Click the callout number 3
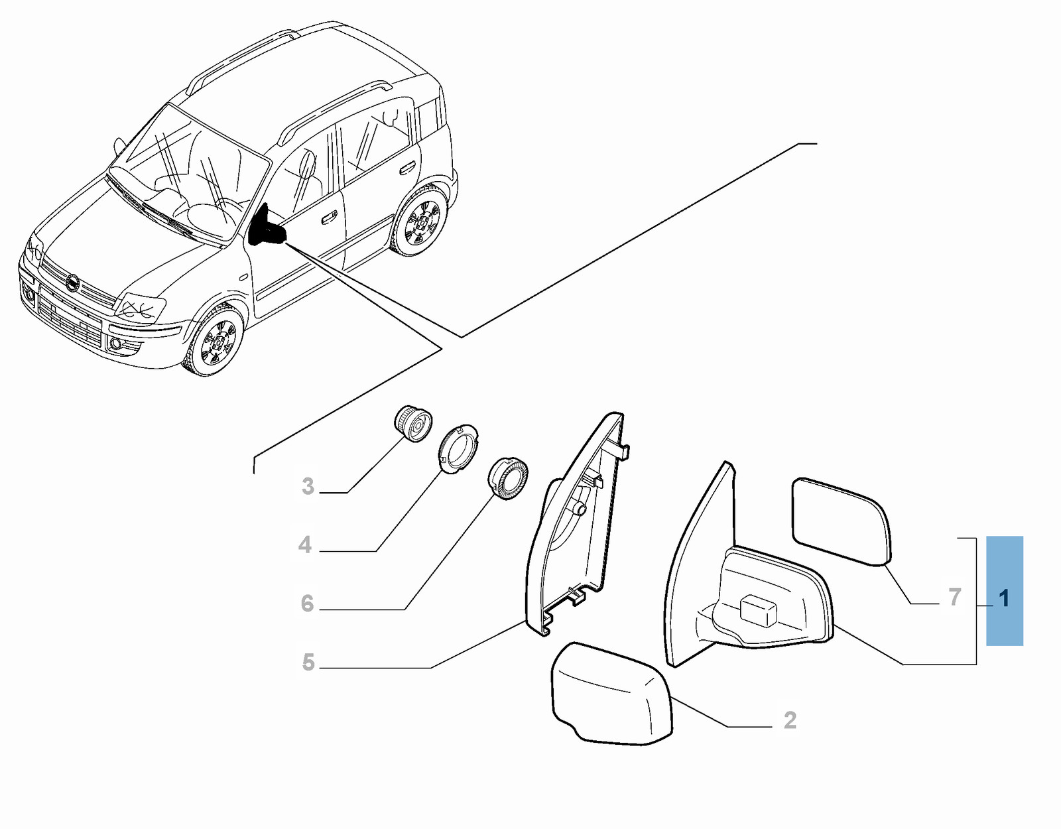pos(308,485)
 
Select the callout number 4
pos(305,545)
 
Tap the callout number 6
pos(307,603)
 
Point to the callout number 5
pos(308,663)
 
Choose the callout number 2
pos(790,720)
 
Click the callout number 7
pos(954,597)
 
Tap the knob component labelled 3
pos(413,423)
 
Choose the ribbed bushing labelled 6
pos(508,478)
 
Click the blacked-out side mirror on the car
pos(267,225)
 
